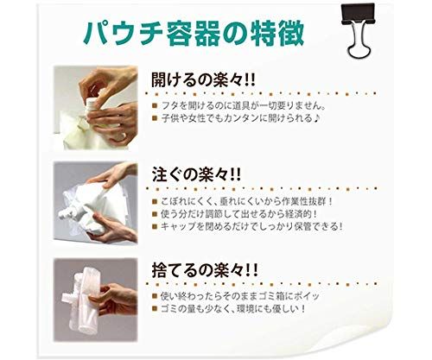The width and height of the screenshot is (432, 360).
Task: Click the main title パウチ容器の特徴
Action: point(194,33)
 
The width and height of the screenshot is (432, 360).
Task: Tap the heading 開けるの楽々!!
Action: point(203,79)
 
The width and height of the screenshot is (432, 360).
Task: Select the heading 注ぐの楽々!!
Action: point(196,174)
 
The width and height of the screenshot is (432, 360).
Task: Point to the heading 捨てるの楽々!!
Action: point(205,269)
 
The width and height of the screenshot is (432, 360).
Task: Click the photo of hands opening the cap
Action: point(96,108)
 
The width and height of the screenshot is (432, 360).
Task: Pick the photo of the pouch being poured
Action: point(96,203)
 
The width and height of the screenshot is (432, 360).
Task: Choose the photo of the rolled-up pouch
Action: point(96,300)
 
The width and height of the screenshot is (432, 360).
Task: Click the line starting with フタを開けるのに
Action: point(240,105)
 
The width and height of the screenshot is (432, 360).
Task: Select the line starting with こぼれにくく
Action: point(243,201)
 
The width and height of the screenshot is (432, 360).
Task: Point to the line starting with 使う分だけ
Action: point(235,214)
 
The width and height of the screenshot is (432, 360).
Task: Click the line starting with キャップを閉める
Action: point(248,226)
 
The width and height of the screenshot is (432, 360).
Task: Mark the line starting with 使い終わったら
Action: point(236,296)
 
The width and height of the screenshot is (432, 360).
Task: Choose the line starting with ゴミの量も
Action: point(229,309)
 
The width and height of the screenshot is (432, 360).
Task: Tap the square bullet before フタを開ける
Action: point(156,106)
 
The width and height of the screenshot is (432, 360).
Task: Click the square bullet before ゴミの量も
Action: point(156,309)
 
